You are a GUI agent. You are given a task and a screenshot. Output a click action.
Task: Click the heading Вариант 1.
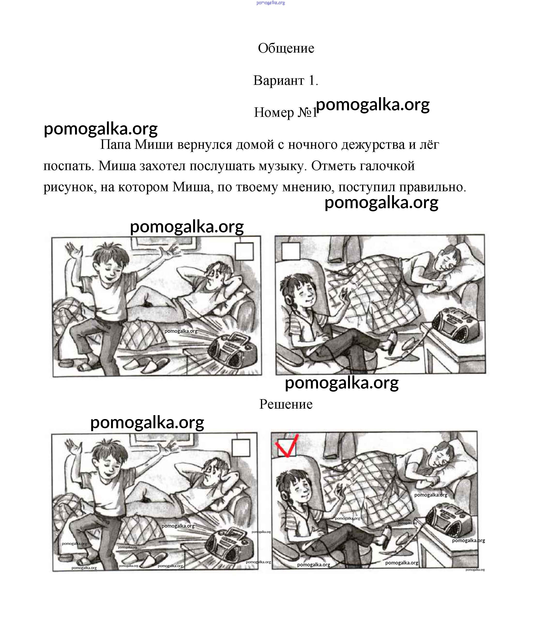[x=286, y=80]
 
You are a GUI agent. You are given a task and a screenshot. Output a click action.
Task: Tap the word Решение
[x=286, y=404]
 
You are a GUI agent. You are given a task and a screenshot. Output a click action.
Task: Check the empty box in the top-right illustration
[x=290, y=251]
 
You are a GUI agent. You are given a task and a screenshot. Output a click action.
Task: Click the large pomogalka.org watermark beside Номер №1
[x=373, y=104]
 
